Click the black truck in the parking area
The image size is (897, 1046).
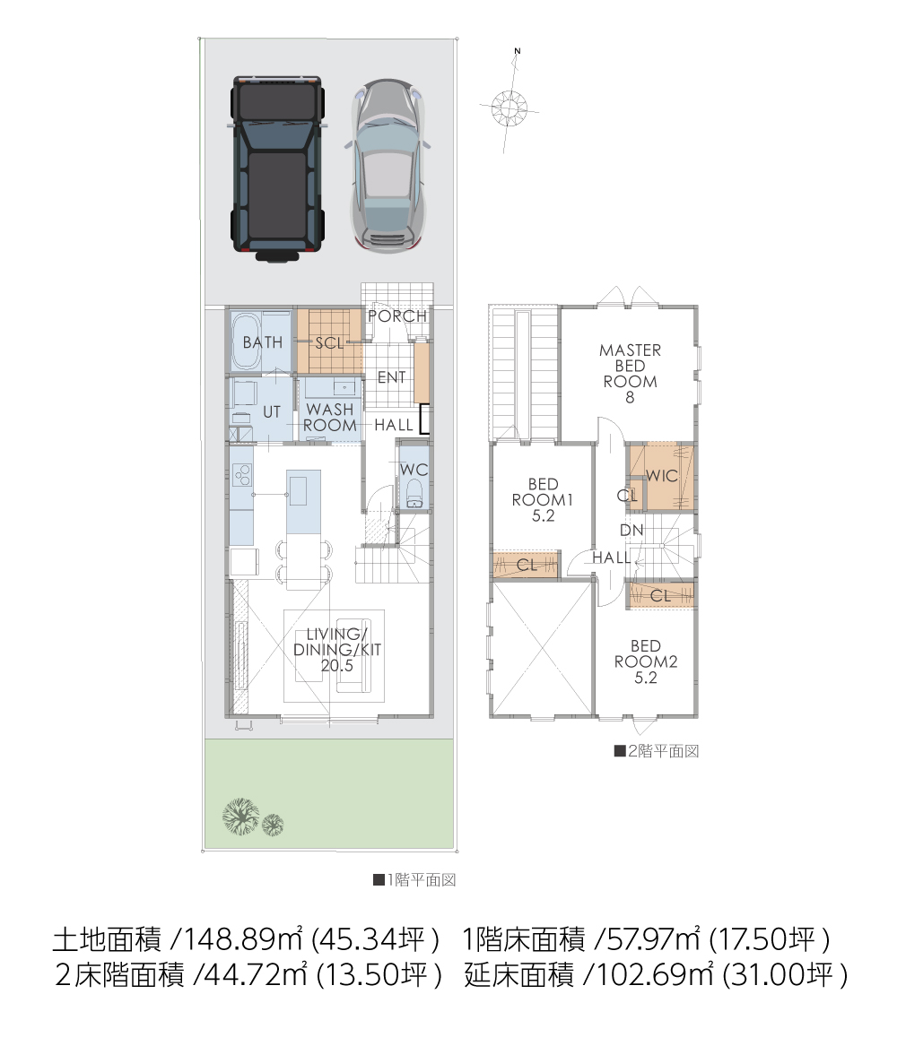coord(277,169)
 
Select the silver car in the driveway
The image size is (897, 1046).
coord(388,166)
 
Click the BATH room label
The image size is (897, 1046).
coord(262,342)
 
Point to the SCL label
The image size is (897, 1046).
coord(329,343)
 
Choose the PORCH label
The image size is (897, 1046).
coord(397,316)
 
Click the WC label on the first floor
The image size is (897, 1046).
coord(414,470)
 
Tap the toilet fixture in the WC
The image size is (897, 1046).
coord(414,493)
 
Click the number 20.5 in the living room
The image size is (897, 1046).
coord(337,666)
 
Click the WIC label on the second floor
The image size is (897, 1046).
coord(662,476)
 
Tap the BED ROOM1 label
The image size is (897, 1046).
coord(543,499)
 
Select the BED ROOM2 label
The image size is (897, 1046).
coord(645,661)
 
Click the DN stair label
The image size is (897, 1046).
coord(631,531)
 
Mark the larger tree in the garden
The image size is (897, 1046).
coord(240,816)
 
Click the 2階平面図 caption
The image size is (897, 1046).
coord(657,751)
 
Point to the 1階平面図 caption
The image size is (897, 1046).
coord(414,880)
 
